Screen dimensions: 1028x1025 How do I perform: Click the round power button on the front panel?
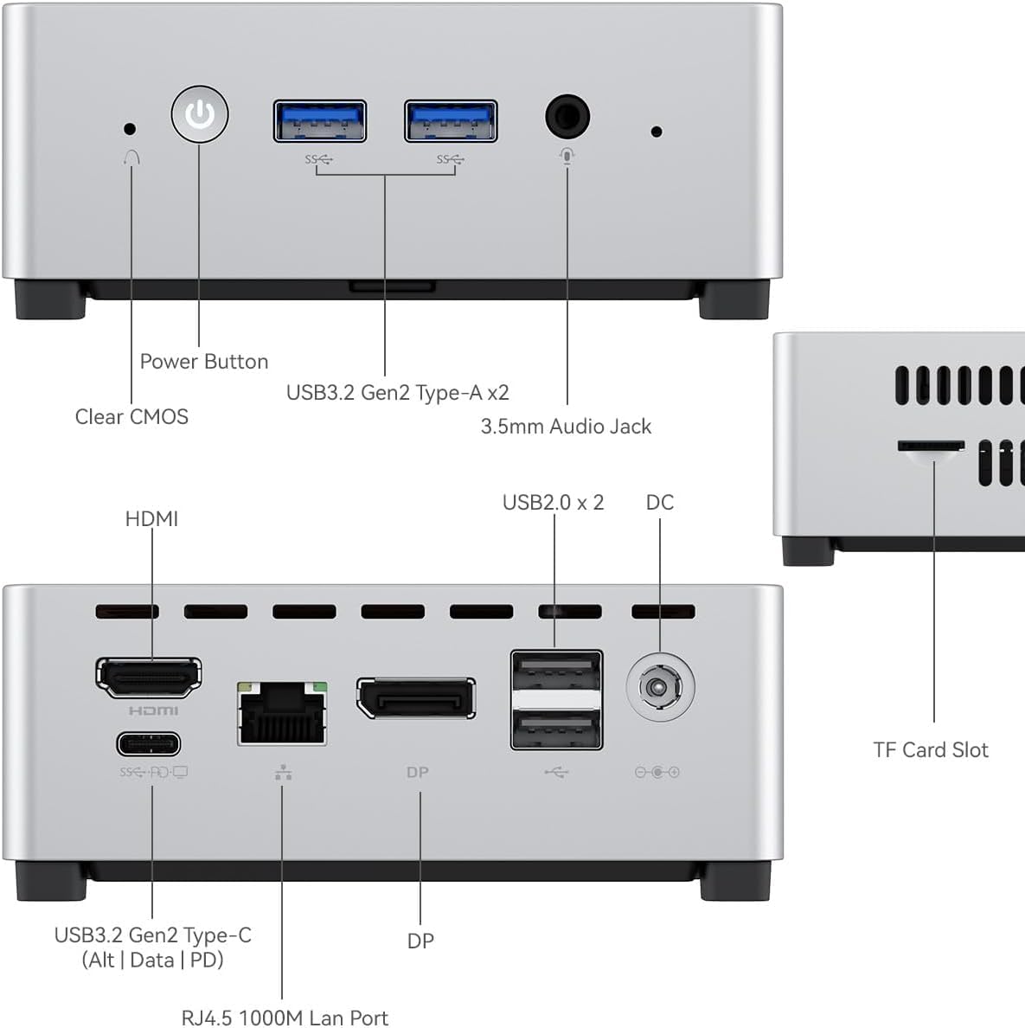point(200,113)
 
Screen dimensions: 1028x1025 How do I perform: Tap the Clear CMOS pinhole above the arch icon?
point(130,129)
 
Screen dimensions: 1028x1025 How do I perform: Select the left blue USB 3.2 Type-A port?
point(320,121)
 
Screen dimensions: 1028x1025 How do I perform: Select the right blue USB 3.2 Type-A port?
point(451,121)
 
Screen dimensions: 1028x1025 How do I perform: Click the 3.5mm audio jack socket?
point(567,116)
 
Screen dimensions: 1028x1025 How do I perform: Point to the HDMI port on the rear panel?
point(149,677)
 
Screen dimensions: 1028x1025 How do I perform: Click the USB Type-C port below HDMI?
point(149,744)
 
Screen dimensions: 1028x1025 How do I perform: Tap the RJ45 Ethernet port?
point(282,714)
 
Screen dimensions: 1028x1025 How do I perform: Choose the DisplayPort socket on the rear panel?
point(416,698)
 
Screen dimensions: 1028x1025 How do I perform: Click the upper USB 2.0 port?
point(556,671)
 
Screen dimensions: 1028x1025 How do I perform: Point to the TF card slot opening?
point(931,447)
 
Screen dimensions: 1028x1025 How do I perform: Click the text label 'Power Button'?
point(204,362)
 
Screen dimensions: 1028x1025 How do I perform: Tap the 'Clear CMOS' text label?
point(131,417)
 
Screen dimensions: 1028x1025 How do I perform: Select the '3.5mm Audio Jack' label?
point(566,427)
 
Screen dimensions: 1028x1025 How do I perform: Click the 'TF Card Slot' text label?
point(930,750)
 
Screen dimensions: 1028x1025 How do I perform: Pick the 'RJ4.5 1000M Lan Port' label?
point(285,1018)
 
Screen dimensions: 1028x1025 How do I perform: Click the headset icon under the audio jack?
point(567,156)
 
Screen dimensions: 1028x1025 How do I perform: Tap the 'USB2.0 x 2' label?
point(553,503)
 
